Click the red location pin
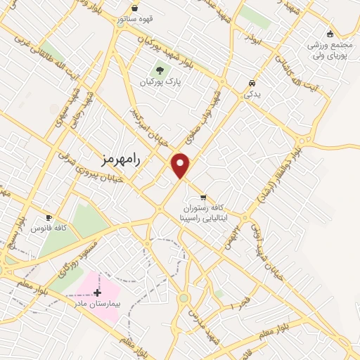coord(181,165)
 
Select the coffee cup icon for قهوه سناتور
coord(134,8)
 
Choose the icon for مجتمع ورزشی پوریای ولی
coord(329,33)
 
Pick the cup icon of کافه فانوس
coord(49,218)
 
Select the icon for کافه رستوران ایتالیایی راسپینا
coord(203,198)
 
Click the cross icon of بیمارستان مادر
coord(97,292)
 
